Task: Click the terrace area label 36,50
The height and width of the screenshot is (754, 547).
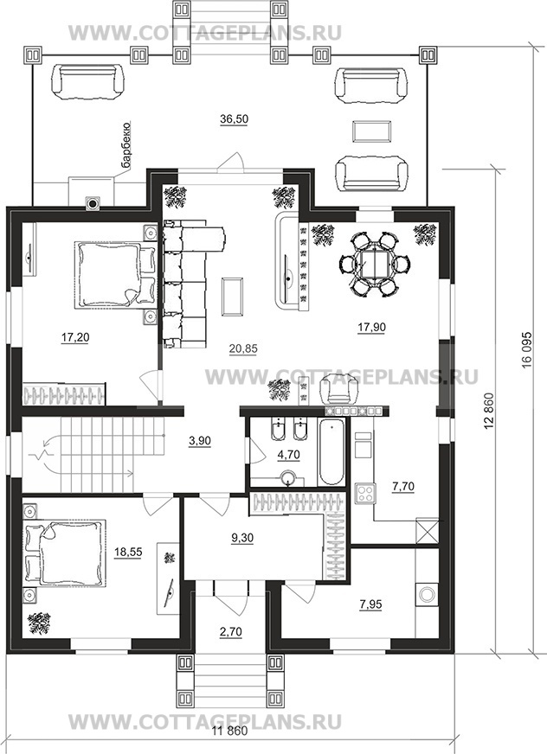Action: [234, 119]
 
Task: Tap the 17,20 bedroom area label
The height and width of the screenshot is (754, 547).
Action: [75, 337]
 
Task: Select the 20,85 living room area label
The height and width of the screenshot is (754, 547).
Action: [243, 348]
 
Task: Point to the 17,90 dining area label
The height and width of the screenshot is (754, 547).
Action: [371, 327]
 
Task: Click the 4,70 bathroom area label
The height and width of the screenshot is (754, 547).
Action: [288, 454]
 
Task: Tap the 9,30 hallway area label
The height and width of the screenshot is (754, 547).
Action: [241, 538]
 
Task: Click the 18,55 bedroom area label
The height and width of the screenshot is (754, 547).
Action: [128, 552]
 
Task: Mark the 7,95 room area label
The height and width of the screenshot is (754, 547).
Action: [370, 604]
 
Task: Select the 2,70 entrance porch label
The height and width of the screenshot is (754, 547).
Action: [230, 631]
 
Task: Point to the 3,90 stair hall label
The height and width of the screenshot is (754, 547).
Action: [200, 440]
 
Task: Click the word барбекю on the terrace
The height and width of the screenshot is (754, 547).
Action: [126, 146]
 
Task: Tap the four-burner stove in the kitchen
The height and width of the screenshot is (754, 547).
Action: [365, 493]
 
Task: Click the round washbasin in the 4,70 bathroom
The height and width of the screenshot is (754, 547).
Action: [287, 478]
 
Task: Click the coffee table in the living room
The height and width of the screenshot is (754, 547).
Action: [233, 297]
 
